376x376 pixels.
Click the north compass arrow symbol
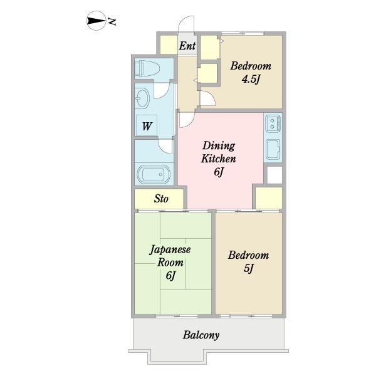coord(97,21)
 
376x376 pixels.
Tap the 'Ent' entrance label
coord(187,46)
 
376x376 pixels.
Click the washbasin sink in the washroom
coord(142,98)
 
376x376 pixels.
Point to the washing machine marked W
coord(147,125)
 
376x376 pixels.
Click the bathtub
coord(154,174)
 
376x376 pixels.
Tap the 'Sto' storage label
coord(161,199)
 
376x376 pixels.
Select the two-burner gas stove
coord(273,123)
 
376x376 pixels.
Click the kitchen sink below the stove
coord(273,149)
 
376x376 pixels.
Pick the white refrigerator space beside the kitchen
coord(275,175)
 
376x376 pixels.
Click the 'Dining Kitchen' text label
coord(219,152)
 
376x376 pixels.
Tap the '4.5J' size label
coord(251,79)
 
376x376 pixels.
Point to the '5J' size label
coord(248,268)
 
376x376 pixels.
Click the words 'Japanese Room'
coord(170,256)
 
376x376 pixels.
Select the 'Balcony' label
coord(201,335)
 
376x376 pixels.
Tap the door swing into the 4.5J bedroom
coord(208,98)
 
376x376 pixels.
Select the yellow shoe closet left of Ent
coord(169,45)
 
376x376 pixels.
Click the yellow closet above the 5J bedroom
coord(269,198)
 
